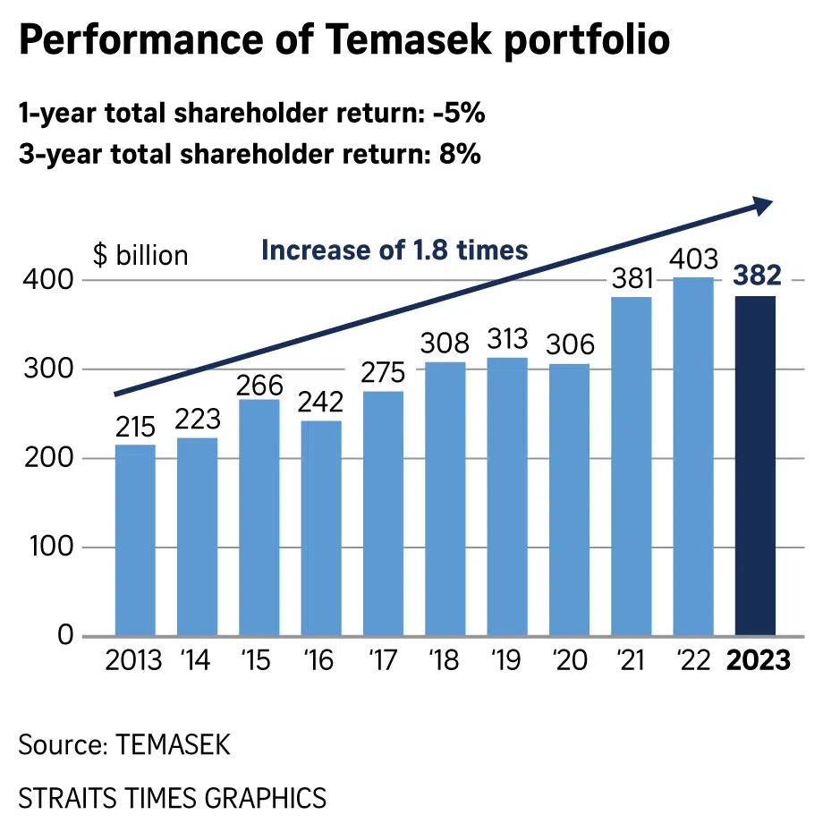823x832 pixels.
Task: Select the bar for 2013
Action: (135, 540)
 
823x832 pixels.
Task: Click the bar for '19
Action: (507, 497)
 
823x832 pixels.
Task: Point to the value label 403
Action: (693, 259)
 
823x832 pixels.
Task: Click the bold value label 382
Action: (755, 276)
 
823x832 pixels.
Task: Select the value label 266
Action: (259, 386)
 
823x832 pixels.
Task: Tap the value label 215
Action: (135, 428)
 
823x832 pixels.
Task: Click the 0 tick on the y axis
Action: (64, 636)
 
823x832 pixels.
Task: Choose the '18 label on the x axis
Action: (445, 662)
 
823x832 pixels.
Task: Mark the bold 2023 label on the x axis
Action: (758, 662)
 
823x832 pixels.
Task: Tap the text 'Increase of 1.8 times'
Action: (395, 250)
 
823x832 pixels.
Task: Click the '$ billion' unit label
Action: (140, 255)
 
